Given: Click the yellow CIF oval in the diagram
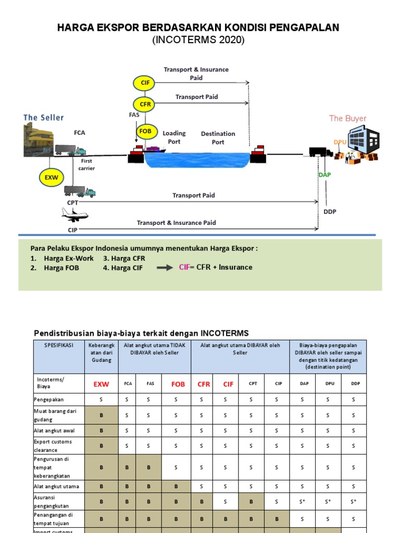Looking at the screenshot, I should pos(145,83).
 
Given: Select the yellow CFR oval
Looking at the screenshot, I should pos(145,104).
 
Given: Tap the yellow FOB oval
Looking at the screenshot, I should pos(145,131).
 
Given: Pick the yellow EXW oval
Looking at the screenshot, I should pos(51,177).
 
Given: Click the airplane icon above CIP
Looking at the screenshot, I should pos(74,214).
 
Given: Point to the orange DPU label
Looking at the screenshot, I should pos(340,142).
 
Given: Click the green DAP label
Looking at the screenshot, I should pos(324,175).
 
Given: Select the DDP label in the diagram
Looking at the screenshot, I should pos(330,212).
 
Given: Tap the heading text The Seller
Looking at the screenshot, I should pos(44,118).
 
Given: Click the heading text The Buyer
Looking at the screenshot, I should pos(347,118).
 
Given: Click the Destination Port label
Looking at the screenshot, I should pos(218,138).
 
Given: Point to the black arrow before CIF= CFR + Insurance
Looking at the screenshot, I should pos(165,268).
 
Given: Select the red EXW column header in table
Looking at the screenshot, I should pos(102,385).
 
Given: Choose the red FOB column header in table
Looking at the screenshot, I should pos(178,385).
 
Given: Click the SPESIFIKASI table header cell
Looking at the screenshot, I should pos(58,345).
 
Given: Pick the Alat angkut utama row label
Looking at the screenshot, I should pos(56,486).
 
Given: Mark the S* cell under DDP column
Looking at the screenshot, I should pos(353,502).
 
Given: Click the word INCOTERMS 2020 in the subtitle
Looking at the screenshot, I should pos(198,40).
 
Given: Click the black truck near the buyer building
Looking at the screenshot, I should pos(320,152).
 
